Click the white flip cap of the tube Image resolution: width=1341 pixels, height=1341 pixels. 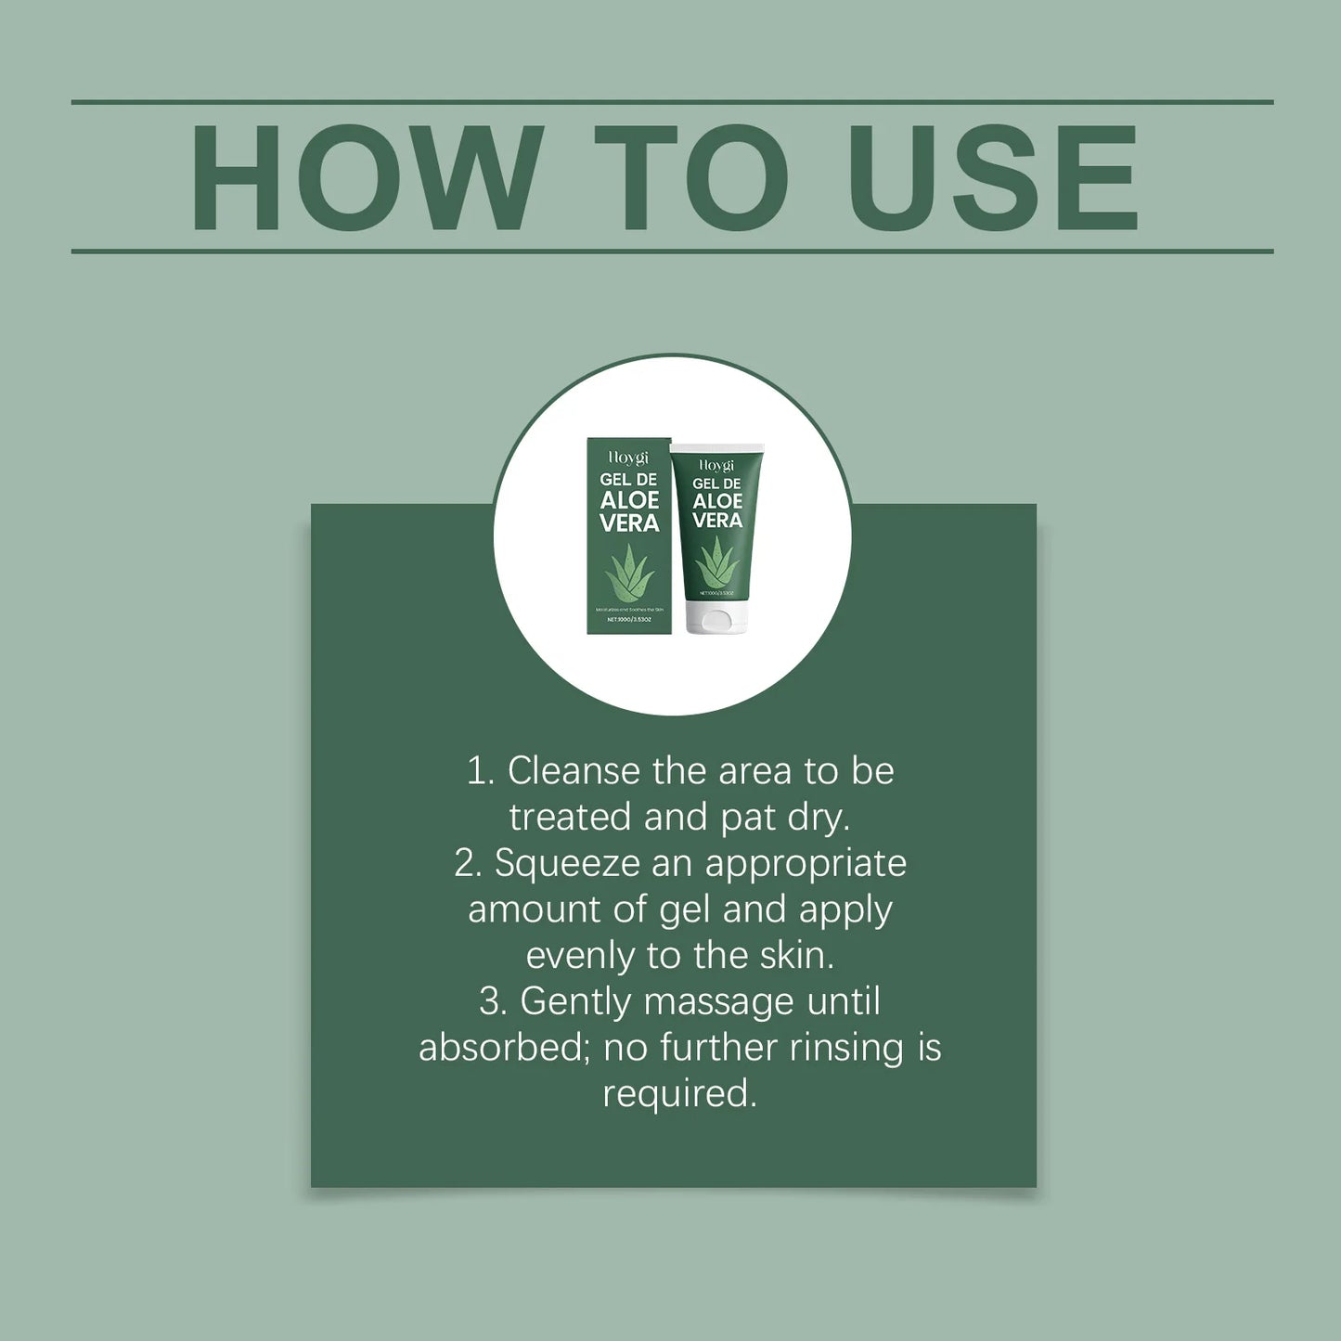click(x=717, y=618)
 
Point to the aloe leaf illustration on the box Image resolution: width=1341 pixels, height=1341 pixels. click(x=629, y=573)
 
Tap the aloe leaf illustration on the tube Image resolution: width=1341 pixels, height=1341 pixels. click(x=716, y=562)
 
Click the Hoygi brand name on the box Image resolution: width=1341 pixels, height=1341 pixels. click(x=628, y=458)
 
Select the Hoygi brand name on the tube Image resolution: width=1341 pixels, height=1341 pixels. click(x=716, y=464)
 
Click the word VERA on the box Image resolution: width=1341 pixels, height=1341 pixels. click(x=629, y=523)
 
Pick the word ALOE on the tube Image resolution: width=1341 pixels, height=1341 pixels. click(x=717, y=501)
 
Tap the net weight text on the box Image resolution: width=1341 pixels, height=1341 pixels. click(x=629, y=619)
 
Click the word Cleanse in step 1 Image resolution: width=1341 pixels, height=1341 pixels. click(x=574, y=771)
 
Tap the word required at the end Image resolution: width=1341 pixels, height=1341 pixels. click(x=679, y=1094)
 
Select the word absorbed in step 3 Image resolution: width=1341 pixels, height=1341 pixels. click(x=502, y=1048)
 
